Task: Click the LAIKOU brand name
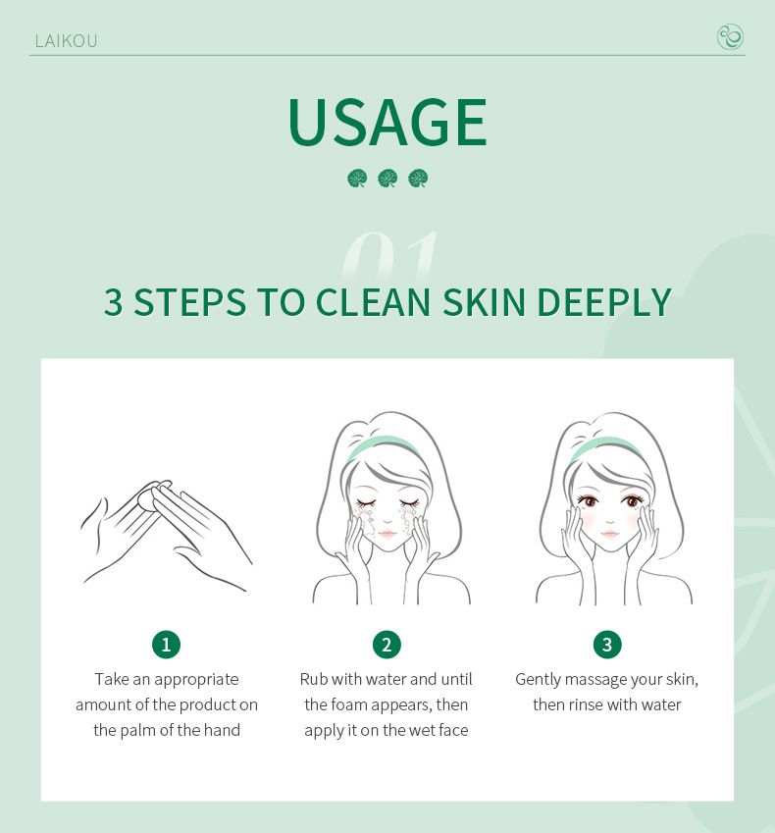[x=66, y=40]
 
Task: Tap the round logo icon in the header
[x=730, y=37]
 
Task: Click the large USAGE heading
[x=387, y=123]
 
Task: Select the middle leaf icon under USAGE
[x=387, y=179]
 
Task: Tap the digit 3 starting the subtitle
[x=114, y=302]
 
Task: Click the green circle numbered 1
[x=166, y=645]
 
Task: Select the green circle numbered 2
[x=387, y=645]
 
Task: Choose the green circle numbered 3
[x=607, y=645]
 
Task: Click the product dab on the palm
[x=146, y=498]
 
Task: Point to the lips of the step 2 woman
[x=387, y=534]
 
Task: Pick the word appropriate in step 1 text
[x=194, y=679]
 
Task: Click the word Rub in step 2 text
[x=313, y=679]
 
